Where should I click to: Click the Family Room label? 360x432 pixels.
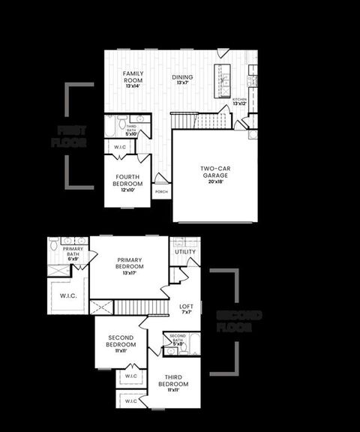pos(132,76)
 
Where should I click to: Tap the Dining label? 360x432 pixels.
pos(182,77)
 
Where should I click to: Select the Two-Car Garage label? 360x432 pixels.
pos(214,172)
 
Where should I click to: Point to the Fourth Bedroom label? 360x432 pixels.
pos(127,181)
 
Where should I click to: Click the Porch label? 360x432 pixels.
pos(161,192)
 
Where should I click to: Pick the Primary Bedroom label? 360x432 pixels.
pos(129,264)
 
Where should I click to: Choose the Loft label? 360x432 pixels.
pos(187,306)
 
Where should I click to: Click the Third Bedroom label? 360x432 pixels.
pos(173,381)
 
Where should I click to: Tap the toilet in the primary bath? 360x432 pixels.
pos(54,245)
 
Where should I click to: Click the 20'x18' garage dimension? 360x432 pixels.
pos(214,181)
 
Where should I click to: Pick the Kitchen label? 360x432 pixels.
pos(240,100)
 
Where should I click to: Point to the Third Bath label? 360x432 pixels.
pos(130,130)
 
